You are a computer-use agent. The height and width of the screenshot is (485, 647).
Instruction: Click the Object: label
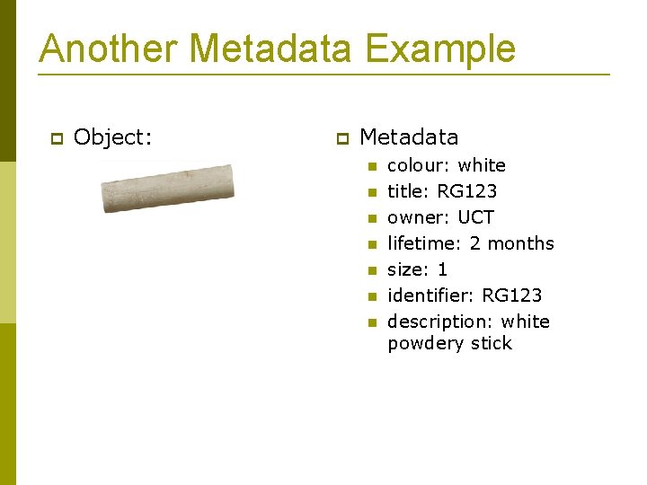113,137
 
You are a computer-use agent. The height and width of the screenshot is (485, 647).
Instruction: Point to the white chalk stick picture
167,187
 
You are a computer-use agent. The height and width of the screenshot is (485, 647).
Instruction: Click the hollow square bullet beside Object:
55,138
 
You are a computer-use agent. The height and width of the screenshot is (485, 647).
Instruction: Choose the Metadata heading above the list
409,137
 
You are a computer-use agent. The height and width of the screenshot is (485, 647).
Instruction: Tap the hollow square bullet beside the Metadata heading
341,138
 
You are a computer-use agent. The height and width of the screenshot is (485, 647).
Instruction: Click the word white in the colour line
481,165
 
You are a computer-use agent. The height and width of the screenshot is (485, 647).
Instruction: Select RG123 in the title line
466,191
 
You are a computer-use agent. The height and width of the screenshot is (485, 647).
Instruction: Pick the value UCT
475,217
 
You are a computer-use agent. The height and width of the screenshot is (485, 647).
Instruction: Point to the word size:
408,269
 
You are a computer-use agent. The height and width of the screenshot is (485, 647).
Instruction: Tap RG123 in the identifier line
511,295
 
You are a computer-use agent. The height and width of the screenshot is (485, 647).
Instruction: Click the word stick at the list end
492,344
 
